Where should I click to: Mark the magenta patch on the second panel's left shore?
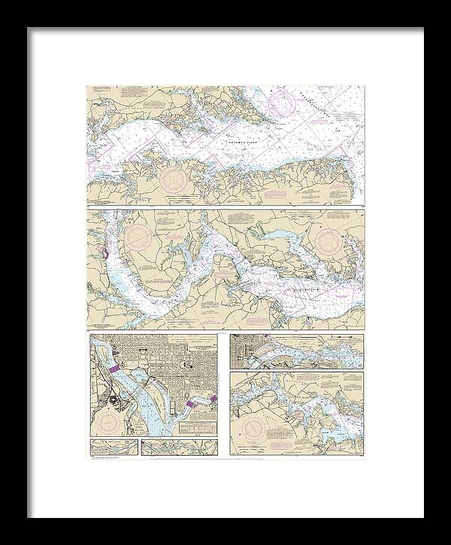click(x=106, y=256)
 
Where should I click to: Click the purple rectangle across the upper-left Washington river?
click(x=114, y=369)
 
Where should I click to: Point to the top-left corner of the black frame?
click(x=29, y=29)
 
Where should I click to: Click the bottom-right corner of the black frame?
click(x=422, y=516)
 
